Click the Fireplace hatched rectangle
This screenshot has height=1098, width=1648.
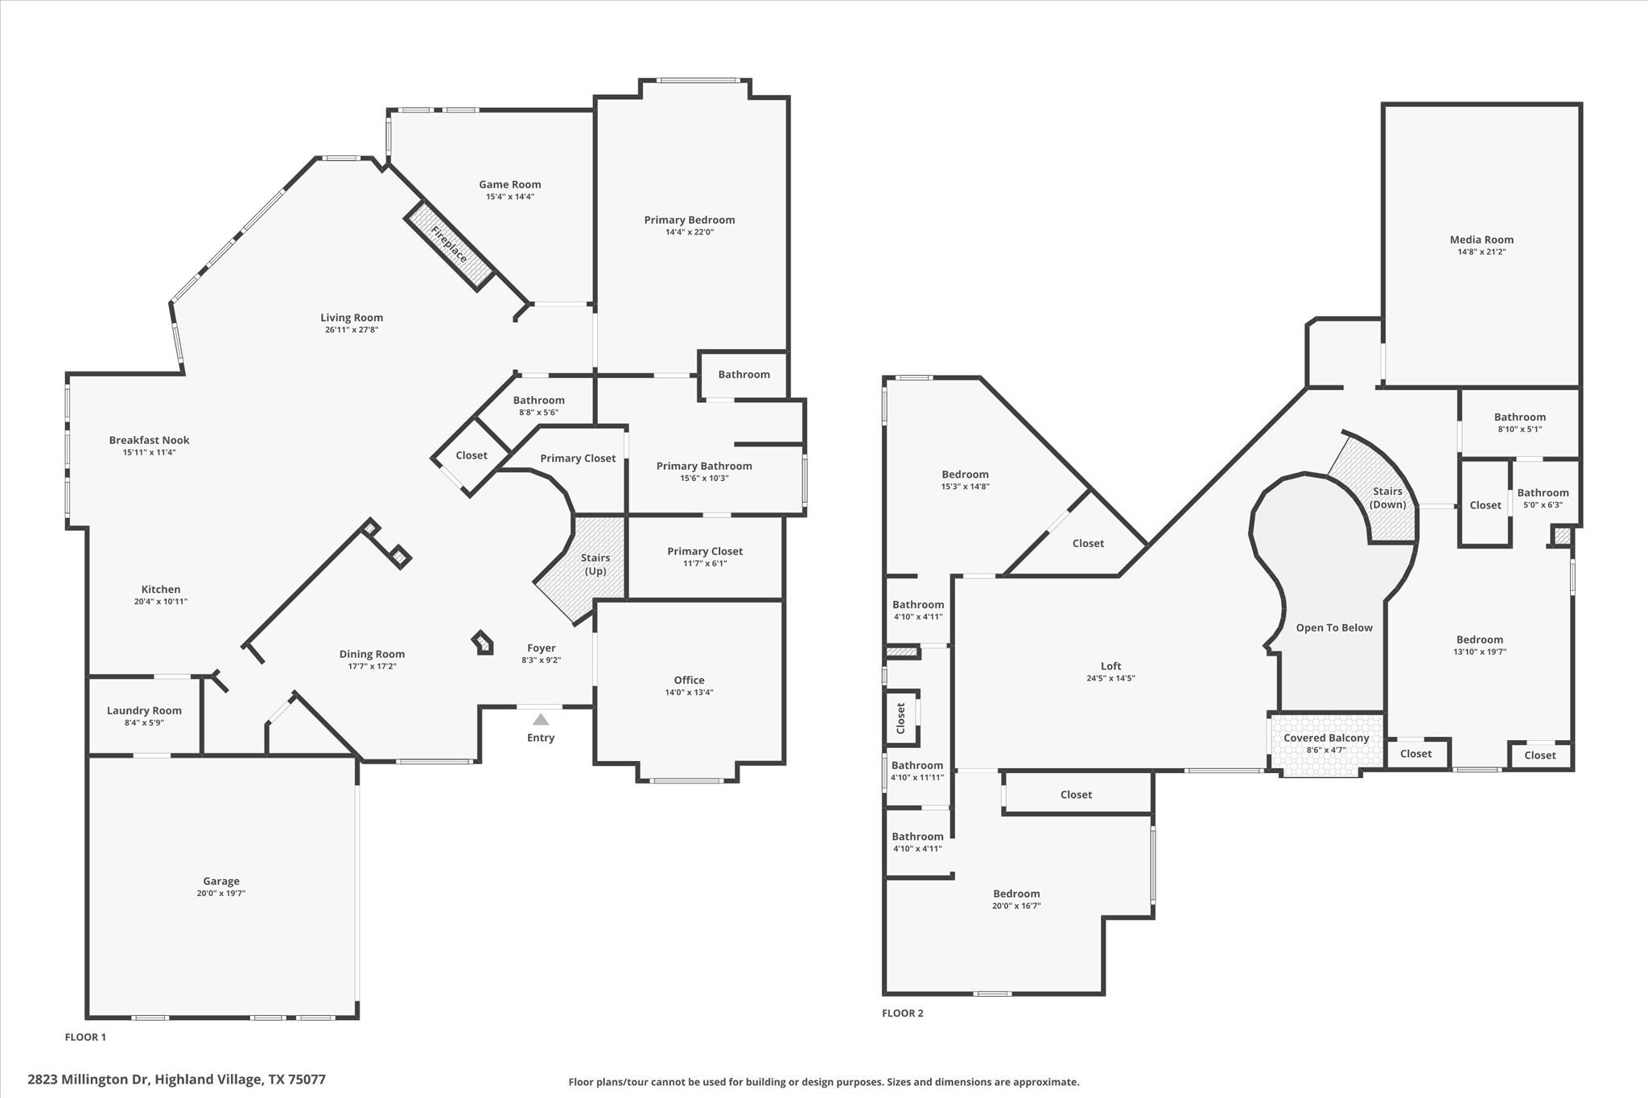click(449, 245)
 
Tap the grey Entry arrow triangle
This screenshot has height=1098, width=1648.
click(541, 720)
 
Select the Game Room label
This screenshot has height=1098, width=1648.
click(510, 184)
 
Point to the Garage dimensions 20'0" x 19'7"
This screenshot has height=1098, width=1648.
click(221, 894)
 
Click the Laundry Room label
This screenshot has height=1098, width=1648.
click(144, 710)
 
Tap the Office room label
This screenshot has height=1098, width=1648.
click(690, 680)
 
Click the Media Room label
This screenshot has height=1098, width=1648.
click(1481, 240)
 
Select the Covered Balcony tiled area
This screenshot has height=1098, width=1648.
click(1326, 745)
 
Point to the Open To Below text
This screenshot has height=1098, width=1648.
click(1334, 627)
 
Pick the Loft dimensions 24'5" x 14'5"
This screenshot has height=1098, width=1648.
click(1110, 678)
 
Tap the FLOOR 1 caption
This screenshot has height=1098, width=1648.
click(85, 1037)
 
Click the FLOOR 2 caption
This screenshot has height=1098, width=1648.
click(903, 1013)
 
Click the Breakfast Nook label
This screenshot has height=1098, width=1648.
click(150, 440)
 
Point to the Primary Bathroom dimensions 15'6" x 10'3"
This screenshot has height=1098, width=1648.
click(704, 479)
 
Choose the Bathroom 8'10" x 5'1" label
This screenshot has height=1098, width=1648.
click(1520, 417)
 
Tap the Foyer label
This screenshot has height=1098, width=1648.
click(542, 648)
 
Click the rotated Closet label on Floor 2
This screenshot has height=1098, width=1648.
click(901, 718)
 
